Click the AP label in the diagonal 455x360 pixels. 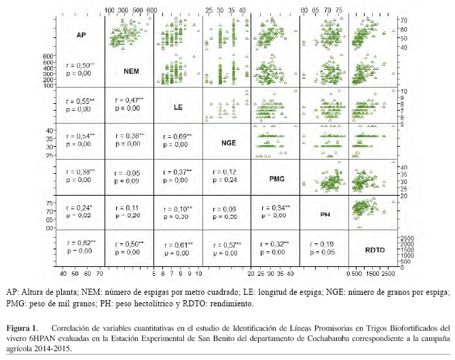point(81,34)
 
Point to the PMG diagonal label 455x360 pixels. point(276,179)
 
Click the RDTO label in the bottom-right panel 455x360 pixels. point(375,250)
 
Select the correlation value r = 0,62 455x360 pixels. point(79,242)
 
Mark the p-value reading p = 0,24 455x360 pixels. point(223,180)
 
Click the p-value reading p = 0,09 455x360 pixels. point(126,181)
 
